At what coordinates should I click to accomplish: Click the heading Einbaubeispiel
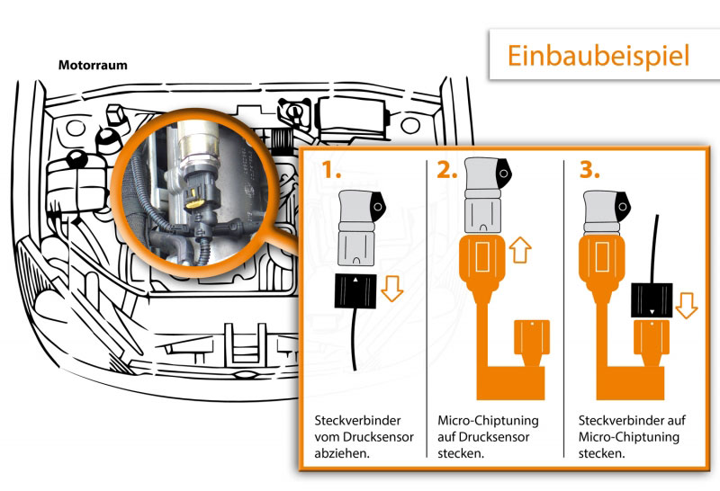pos(598,55)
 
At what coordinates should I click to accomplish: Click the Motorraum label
pos(93,66)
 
